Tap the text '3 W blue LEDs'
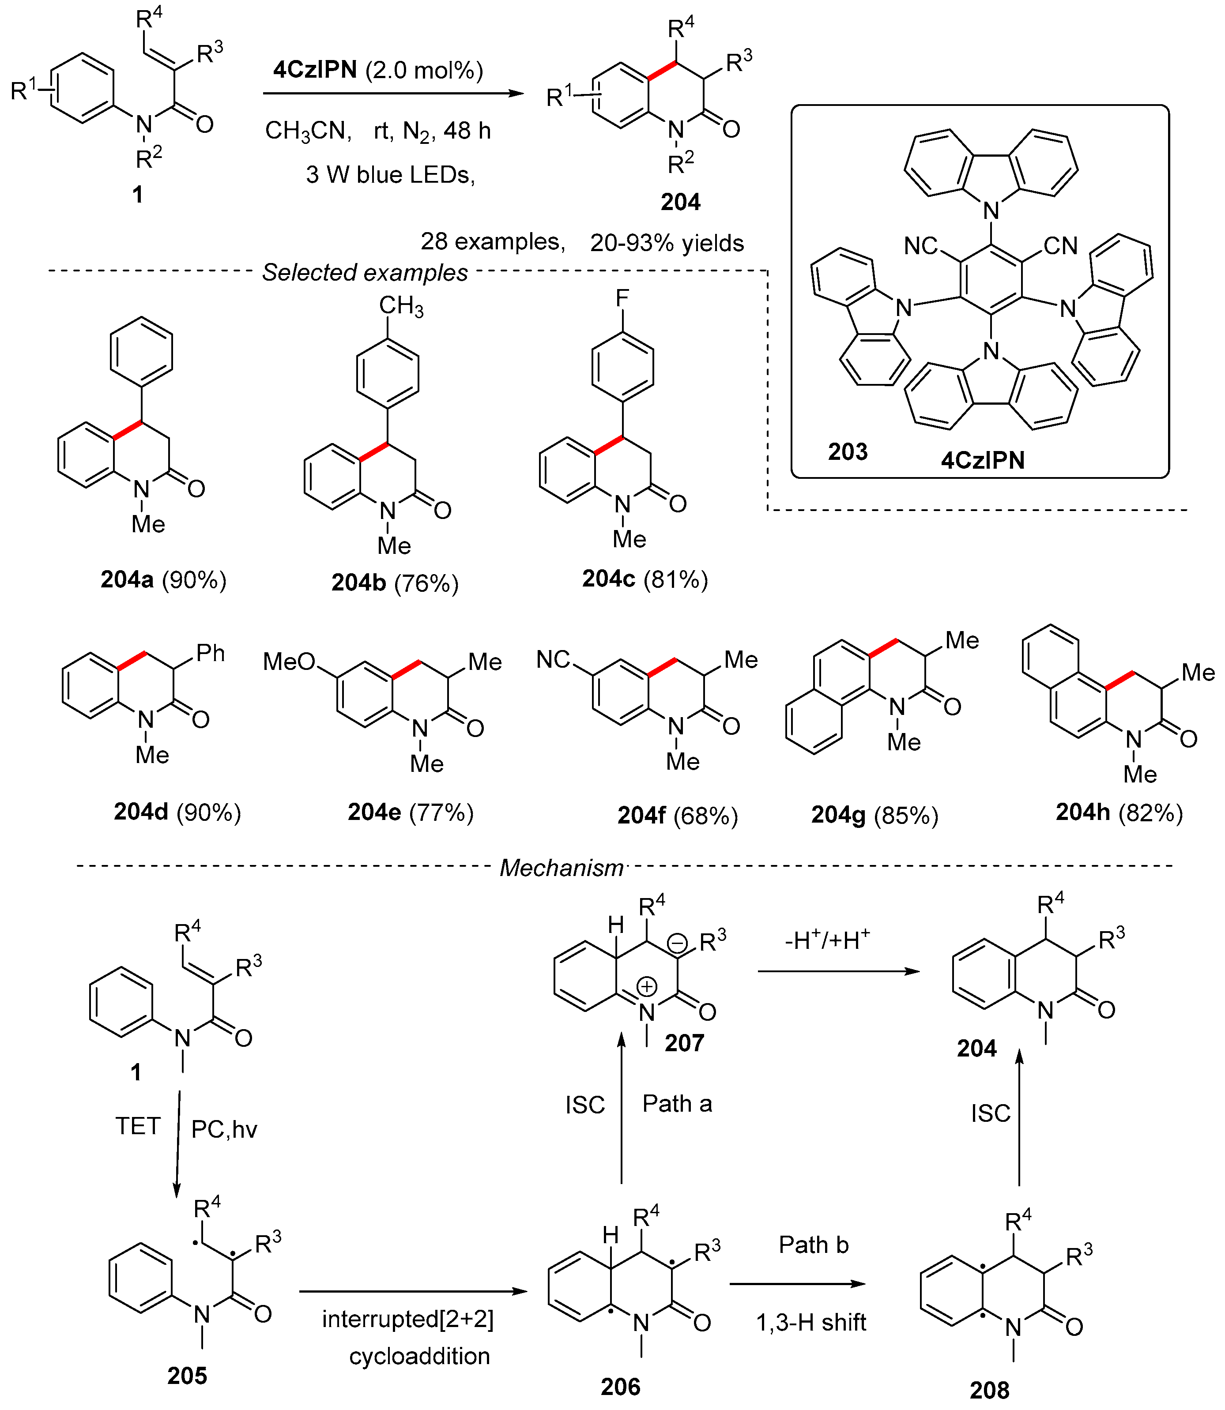390,175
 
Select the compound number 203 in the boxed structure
847,452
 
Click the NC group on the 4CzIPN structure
920,245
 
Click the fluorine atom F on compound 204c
622,298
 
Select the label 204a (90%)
163,579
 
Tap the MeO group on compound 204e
289,662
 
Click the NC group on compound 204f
553,660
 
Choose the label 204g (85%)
874,816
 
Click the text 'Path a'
677,1103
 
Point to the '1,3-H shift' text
811,1323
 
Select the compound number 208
989,1390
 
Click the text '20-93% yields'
667,243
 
